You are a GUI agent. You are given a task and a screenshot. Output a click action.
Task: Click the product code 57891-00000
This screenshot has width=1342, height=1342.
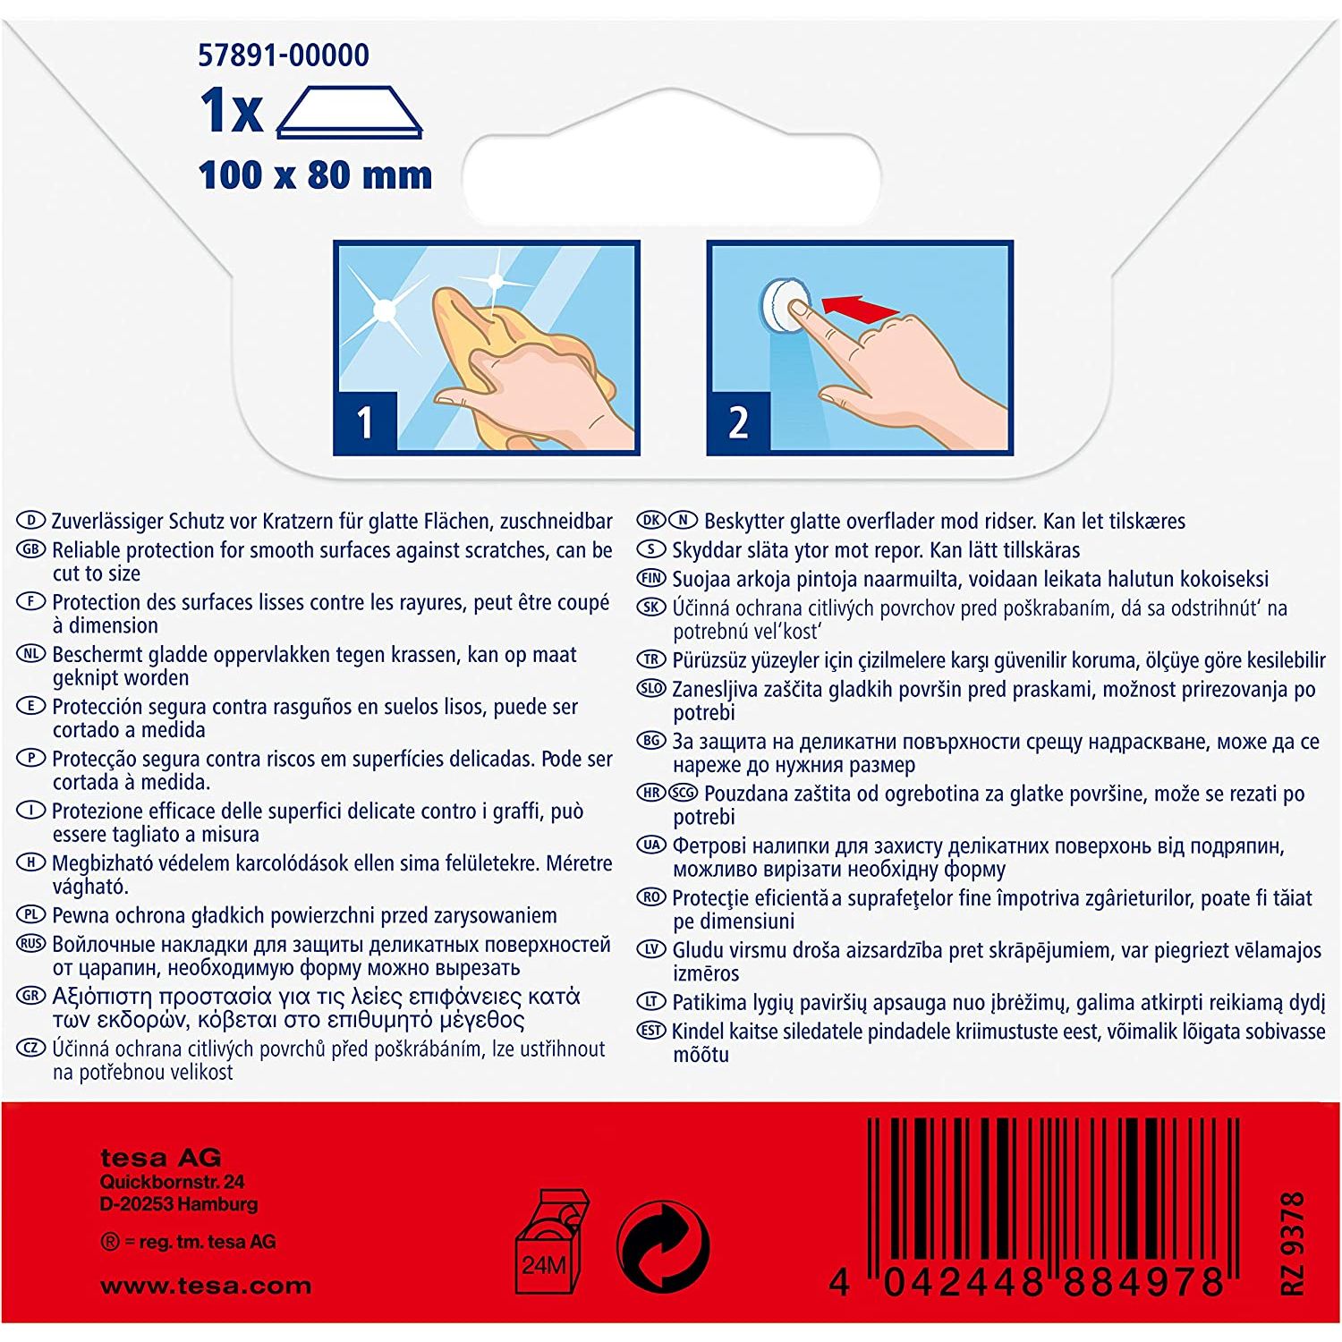coord(283,55)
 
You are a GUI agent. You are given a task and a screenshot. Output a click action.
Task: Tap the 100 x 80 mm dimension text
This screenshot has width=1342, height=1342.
coord(315,174)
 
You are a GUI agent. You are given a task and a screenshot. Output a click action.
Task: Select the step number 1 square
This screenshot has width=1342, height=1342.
coord(365,422)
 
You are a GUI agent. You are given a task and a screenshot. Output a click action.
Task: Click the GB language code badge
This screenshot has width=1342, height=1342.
coord(31,549)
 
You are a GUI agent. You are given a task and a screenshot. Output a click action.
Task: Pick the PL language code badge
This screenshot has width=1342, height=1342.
coord(31,914)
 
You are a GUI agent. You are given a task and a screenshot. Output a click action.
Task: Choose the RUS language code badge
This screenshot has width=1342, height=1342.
coord(31,944)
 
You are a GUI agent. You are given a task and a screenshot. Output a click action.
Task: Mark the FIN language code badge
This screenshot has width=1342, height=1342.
coord(651,578)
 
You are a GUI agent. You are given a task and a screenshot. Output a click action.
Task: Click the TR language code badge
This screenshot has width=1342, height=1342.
coord(651,659)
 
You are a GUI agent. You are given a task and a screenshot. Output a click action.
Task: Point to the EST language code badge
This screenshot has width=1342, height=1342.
coord(651,1030)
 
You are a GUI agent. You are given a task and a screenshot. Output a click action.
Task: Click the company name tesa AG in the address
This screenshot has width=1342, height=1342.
coord(161,1158)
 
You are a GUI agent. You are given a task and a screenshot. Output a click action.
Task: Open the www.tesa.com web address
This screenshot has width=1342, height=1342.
coord(206,1287)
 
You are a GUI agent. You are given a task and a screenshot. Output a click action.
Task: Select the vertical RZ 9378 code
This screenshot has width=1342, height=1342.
coord(1293,1243)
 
